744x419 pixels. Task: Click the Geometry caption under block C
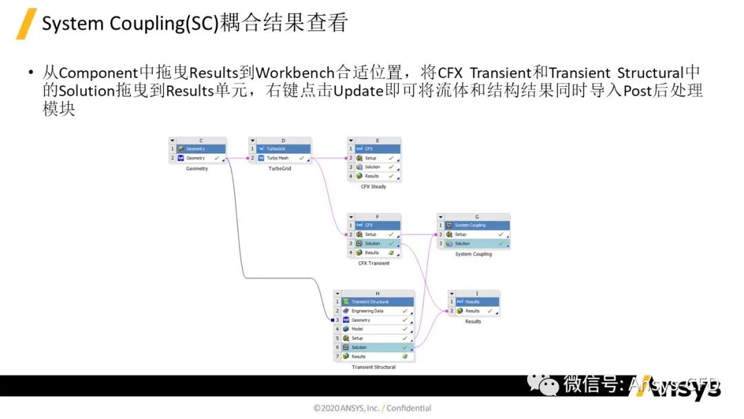(196, 169)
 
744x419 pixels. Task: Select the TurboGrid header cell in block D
(283, 149)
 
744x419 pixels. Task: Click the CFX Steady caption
(373, 187)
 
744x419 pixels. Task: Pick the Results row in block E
(375, 176)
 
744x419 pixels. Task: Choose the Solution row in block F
(375, 243)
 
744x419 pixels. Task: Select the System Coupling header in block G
(475, 225)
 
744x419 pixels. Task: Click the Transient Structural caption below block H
(373, 367)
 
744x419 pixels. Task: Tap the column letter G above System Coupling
(477, 216)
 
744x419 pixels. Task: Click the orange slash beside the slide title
(26, 23)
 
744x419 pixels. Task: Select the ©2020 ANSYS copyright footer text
(372, 408)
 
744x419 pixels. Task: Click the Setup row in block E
(375, 158)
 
